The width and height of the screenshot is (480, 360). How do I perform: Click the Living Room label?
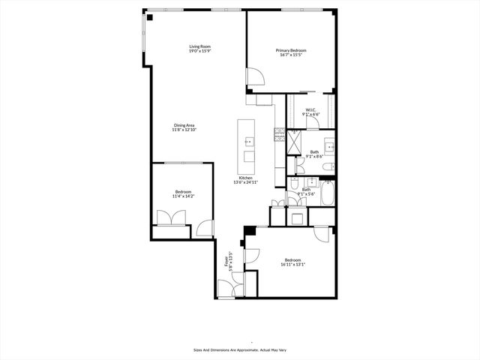(x=199, y=46)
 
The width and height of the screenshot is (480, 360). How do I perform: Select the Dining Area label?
(x=184, y=125)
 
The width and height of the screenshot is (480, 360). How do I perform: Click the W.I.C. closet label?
(x=310, y=110)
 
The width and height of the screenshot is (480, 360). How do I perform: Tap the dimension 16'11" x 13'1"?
(x=292, y=264)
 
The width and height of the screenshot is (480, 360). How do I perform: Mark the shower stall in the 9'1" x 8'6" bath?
(x=295, y=139)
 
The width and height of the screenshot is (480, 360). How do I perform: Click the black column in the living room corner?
(x=150, y=17)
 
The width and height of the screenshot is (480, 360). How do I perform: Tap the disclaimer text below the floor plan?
(x=239, y=349)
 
